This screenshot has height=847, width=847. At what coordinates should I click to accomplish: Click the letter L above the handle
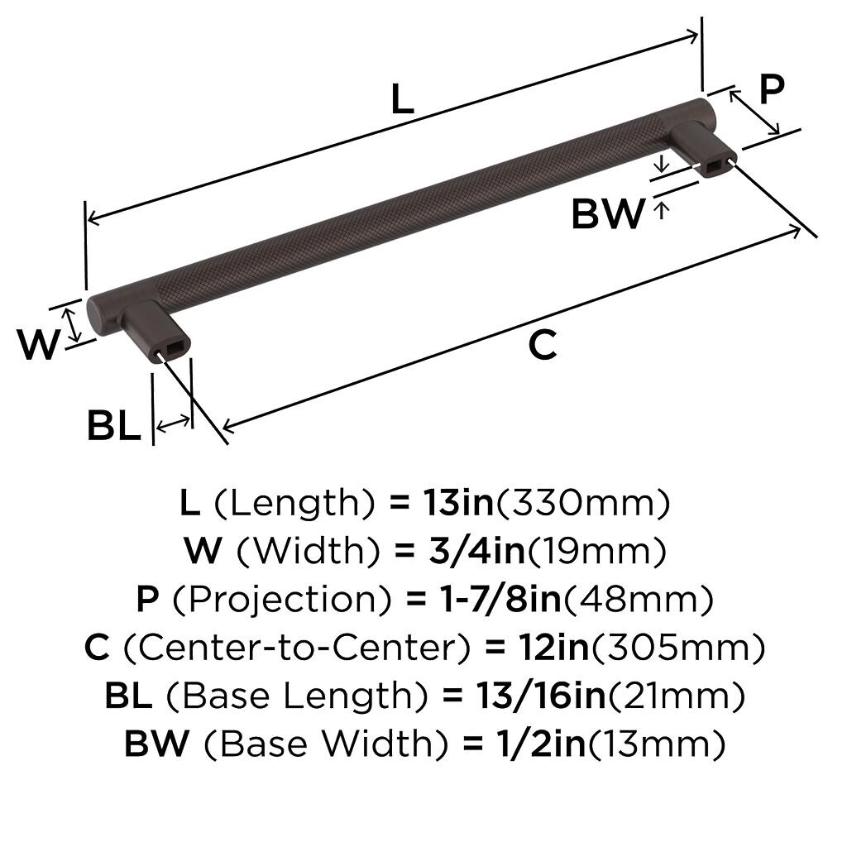coord(403,99)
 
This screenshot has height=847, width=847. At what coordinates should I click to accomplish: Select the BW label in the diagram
coord(608,214)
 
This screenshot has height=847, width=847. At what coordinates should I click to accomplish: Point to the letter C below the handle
coord(543,345)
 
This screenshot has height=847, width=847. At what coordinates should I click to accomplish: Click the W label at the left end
coord(38,344)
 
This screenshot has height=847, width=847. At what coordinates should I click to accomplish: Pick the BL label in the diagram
coord(113,426)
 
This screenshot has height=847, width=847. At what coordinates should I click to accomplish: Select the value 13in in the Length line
coord(458,502)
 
